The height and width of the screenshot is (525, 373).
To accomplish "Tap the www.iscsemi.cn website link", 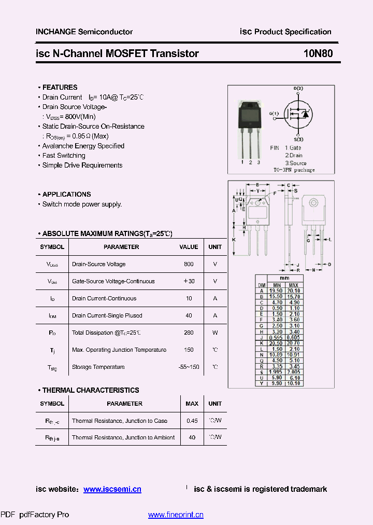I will (x=112, y=489).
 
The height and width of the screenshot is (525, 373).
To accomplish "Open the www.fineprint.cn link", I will (x=176, y=515).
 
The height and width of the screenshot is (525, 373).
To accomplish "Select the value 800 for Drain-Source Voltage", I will (x=189, y=264).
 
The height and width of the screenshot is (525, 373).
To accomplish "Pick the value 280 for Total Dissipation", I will (x=189, y=333).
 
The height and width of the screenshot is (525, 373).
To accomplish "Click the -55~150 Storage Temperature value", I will (x=189, y=367).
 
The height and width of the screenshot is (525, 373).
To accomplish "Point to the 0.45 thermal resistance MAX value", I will (x=192, y=421).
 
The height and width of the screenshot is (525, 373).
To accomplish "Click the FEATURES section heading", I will (x=60, y=87).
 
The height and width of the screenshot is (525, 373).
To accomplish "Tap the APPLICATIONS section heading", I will (x=66, y=194).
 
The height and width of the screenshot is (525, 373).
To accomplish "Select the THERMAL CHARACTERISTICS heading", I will (x=91, y=390).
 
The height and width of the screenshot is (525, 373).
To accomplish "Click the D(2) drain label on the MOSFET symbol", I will (x=298, y=89).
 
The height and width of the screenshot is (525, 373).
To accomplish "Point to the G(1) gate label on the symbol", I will (x=274, y=113).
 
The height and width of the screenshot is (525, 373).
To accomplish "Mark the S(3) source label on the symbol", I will (x=298, y=139).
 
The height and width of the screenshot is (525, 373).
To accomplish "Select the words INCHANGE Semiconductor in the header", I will (x=84, y=32).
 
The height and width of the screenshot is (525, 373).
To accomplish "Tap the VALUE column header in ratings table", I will (x=189, y=247).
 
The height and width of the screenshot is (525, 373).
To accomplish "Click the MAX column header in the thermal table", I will (x=192, y=404).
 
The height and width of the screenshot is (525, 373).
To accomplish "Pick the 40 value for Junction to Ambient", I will (x=192, y=437).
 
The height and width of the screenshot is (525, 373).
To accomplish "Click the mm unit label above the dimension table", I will (x=285, y=278).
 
